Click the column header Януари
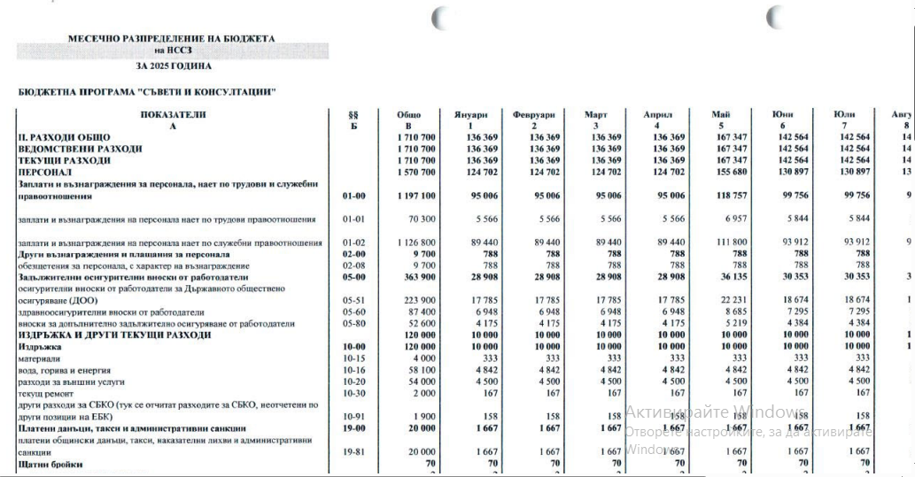coord(471,115)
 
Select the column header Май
coord(720,115)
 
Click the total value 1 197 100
coord(414,196)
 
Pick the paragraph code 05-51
coord(353,300)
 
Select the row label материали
coord(36,358)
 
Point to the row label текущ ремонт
coord(45,393)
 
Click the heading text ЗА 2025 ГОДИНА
coord(174,65)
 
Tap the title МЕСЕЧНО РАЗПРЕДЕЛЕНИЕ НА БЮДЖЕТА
coord(172,39)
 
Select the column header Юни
coord(782,115)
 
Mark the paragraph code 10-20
coord(353,381)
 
